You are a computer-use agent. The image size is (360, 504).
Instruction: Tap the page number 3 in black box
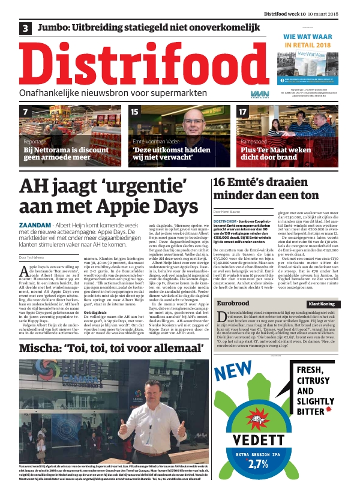[26, 28]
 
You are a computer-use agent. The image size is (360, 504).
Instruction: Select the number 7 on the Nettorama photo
[25, 112]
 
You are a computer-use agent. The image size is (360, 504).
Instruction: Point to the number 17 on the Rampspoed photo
[242, 112]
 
